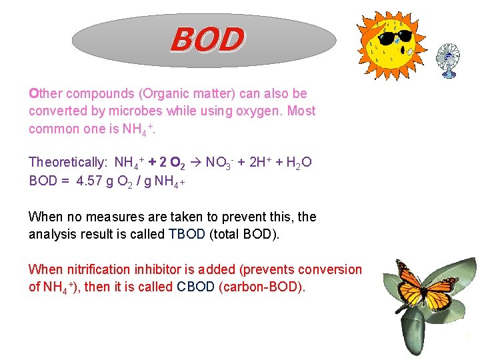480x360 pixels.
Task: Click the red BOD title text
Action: (x=207, y=39)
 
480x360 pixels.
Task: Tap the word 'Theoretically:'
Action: (x=69, y=162)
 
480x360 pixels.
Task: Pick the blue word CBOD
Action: (x=196, y=287)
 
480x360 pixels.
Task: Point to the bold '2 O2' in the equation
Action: (x=175, y=162)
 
